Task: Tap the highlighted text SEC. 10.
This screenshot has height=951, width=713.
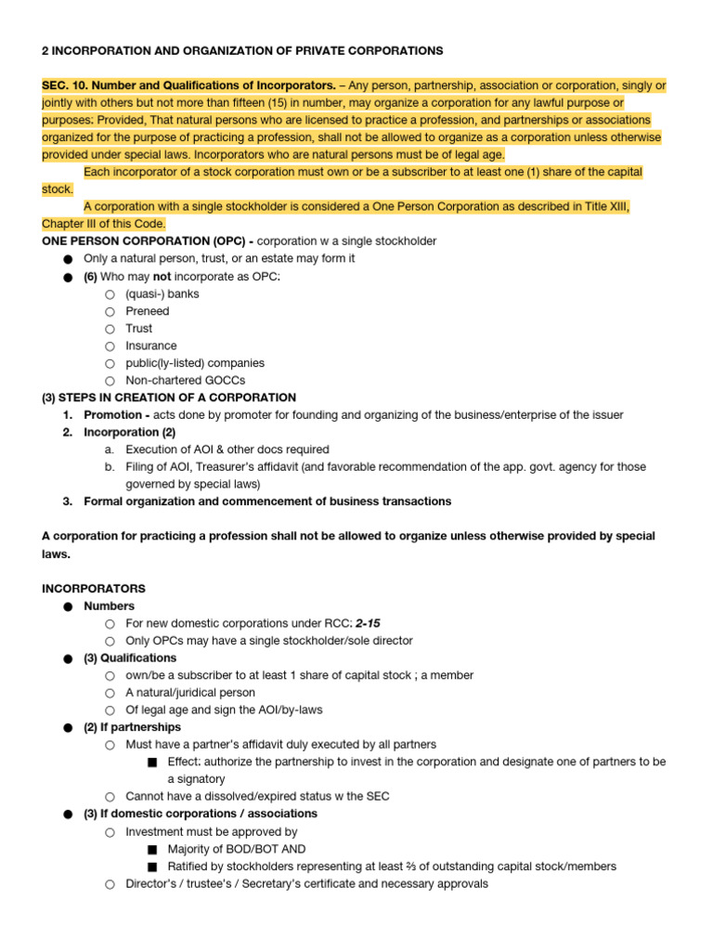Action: (x=65, y=85)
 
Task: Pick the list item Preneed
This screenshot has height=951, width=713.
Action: (x=148, y=311)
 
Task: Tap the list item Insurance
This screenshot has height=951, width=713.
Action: (x=150, y=345)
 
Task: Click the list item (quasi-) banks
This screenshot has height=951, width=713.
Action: (x=162, y=293)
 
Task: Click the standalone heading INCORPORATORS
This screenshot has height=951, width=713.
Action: (x=94, y=589)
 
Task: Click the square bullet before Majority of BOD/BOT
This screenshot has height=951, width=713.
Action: (x=152, y=850)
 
